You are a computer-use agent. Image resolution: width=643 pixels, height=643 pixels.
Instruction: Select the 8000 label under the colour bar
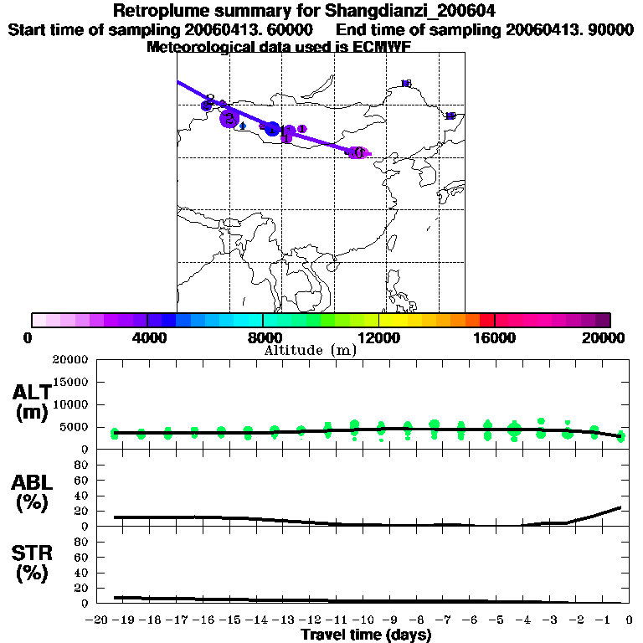pos(264,337)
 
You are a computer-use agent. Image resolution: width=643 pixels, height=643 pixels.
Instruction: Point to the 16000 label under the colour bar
pos(495,337)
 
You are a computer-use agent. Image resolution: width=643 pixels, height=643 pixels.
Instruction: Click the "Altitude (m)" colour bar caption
pos(310,350)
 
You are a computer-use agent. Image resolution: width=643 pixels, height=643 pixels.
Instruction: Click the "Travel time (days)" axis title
pos(366,635)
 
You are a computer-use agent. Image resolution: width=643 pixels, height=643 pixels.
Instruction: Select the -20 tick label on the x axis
pos(98,620)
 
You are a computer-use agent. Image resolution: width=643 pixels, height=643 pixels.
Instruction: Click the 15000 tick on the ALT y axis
pos(74,382)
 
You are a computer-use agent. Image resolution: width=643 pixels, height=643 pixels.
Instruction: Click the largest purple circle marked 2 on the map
pos(229,119)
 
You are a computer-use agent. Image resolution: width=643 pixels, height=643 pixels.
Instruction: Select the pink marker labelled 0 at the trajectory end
pos(358,152)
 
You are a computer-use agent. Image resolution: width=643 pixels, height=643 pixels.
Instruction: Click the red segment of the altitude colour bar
pos(486,320)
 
